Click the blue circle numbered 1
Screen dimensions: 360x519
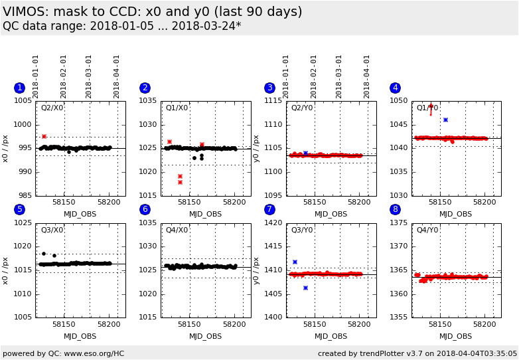pyautogui.click(x=19, y=88)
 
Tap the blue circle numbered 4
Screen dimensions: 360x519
pyautogui.click(x=395, y=88)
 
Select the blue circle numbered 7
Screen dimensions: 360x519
pyautogui.click(x=269, y=209)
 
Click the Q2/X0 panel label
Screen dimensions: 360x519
pyautogui.click(x=52, y=108)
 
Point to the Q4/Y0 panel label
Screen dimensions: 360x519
pyautogui.click(x=427, y=230)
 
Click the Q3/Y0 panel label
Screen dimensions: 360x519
pyautogui.click(x=302, y=230)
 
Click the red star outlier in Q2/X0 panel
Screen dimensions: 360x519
pyautogui.click(x=44, y=136)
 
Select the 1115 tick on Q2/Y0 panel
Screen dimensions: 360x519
pyautogui.click(x=273, y=101)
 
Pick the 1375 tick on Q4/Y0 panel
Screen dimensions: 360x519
pyautogui.click(x=398, y=223)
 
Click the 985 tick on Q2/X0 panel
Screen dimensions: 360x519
pyautogui.click(x=25, y=196)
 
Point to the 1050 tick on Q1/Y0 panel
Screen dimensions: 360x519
pyautogui.click(x=398, y=101)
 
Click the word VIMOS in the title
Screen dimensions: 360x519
pyautogui.click(x=24, y=12)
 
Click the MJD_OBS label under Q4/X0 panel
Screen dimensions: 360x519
pyautogui.click(x=206, y=336)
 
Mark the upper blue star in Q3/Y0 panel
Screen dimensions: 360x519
pyautogui.click(x=295, y=262)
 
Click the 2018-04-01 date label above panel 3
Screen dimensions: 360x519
pyautogui.click(x=366, y=76)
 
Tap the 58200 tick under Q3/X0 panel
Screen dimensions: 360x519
pyautogui.click(x=109, y=324)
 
